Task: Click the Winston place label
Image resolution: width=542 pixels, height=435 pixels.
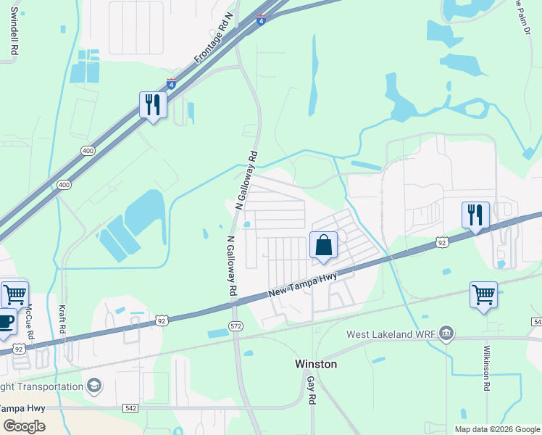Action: (x=316, y=364)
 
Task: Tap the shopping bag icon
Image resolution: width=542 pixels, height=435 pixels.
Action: (x=324, y=245)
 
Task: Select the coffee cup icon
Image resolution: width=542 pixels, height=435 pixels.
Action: (x=4, y=320)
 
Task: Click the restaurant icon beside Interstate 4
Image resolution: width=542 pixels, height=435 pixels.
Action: (x=153, y=105)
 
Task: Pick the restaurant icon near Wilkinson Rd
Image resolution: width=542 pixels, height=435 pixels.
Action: (x=475, y=215)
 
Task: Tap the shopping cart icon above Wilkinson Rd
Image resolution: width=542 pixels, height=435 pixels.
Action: (x=483, y=295)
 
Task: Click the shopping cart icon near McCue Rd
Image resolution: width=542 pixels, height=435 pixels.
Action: (x=14, y=295)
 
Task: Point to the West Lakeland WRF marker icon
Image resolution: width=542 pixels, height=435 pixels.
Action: (x=446, y=333)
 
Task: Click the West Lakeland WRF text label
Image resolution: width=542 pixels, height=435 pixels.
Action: (x=393, y=334)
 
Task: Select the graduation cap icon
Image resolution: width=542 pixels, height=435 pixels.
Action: (x=93, y=385)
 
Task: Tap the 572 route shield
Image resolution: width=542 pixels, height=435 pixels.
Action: (x=235, y=327)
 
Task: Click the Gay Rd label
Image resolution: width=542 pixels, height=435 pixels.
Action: (x=311, y=390)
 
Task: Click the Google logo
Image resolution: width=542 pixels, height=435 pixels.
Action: (x=24, y=426)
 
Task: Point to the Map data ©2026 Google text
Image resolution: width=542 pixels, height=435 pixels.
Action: (x=496, y=429)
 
